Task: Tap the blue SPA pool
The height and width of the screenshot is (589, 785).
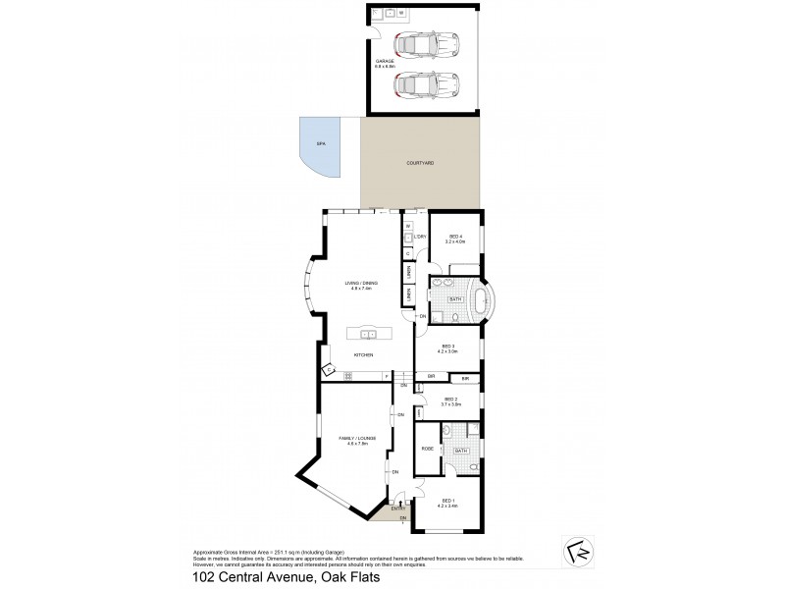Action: coord(320,145)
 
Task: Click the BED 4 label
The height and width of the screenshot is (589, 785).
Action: coord(455,236)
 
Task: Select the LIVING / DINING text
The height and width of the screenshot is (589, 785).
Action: coord(361,283)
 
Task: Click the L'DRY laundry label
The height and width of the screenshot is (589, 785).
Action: coord(419,237)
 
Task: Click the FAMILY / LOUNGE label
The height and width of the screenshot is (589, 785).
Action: coord(351,441)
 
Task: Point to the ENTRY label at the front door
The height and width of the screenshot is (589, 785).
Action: coord(398,509)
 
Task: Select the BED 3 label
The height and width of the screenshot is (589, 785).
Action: coord(447,346)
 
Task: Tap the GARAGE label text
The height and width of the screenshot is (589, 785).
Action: coord(384,60)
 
